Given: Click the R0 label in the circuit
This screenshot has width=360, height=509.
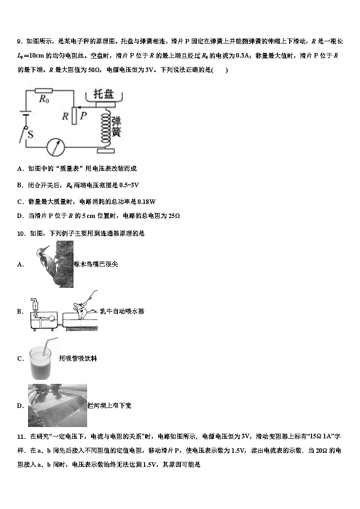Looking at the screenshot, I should pos(44,100).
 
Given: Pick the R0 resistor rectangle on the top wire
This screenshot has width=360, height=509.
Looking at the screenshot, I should pos(44,90).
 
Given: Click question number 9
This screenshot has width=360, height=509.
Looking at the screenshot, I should pos(19,42).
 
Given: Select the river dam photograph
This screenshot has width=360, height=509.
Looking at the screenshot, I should pos(57,406).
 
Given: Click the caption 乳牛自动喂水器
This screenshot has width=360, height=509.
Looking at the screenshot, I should pos(122,311).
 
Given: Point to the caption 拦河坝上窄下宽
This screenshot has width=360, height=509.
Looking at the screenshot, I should pos(109,406).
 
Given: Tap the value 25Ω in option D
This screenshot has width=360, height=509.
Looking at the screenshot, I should pos(174,216).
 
